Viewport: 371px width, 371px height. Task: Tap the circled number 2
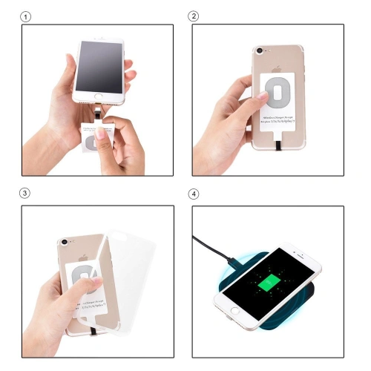pyautogui.click(x=194, y=16)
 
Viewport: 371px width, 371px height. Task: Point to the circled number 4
pyautogui.click(x=194, y=194)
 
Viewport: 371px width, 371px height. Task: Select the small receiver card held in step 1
pyautogui.click(x=94, y=137)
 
